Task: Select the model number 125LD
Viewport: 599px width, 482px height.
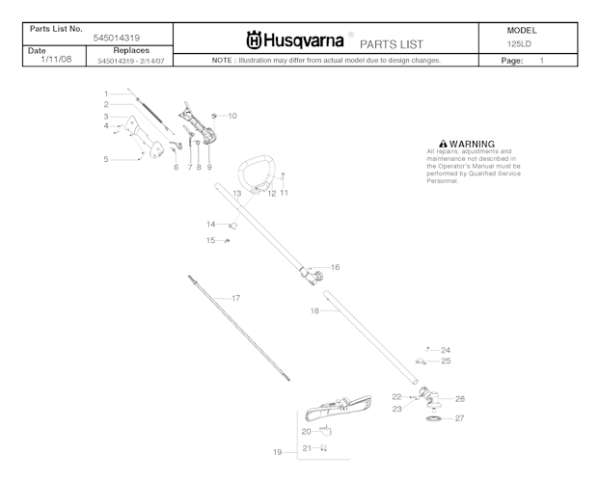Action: [521, 43]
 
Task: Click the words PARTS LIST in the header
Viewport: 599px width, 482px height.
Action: [391, 44]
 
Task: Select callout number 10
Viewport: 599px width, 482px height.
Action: [231, 115]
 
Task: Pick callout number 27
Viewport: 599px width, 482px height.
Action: [459, 418]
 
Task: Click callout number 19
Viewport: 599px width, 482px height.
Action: [277, 451]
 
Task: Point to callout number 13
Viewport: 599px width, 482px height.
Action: [235, 194]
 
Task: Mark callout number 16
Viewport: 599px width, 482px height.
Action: [335, 267]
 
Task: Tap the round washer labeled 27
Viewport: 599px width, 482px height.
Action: [434, 419]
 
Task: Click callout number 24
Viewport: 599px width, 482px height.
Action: [446, 350]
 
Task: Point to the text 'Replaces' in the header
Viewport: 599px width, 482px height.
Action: [130, 49]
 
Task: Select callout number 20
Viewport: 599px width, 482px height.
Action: [306, 431]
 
